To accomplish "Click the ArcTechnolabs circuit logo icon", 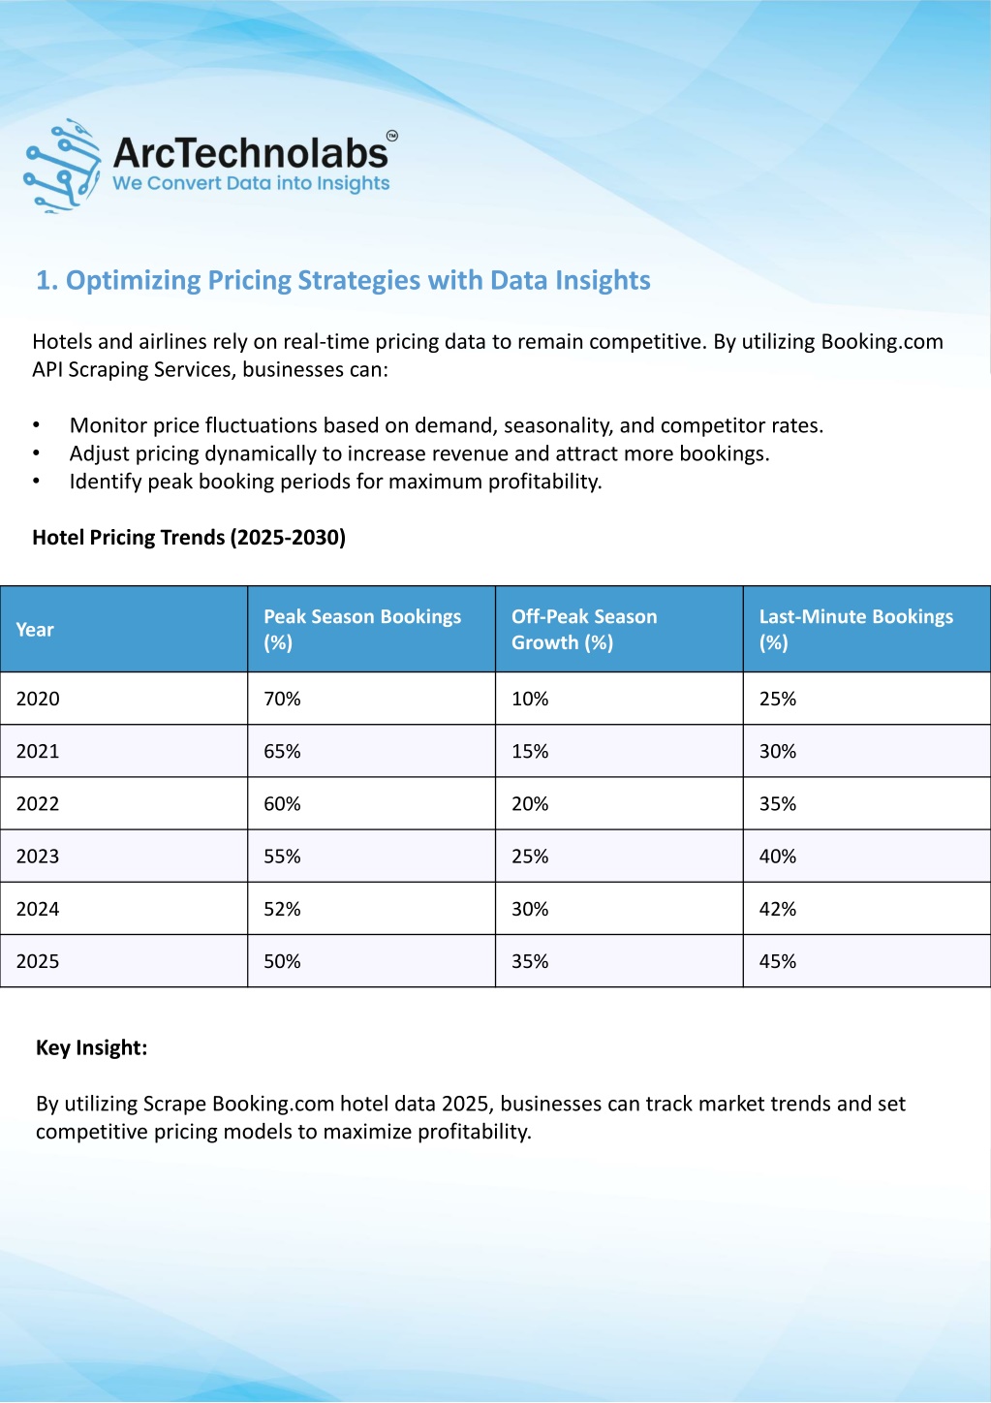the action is (x=62, y=166).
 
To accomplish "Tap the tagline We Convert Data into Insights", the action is (x=251, y=183).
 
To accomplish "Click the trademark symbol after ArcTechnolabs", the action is (x=392, y=136).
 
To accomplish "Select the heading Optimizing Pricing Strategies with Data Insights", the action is (x=343, y=280).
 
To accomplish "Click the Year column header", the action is (x=35, y=630).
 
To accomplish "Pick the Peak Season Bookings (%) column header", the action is (x=362, y=630).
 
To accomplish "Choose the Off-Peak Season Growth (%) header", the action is (x=584, y=630).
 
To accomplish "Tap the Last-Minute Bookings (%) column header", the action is (x=856, y=630).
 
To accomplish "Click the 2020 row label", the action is (x=38, y=699).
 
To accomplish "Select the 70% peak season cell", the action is (x=282, y=699).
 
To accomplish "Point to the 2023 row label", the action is (x=38, y=857).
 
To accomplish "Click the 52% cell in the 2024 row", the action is (x=282, y=909).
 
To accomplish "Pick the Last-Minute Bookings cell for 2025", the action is (x=778, y=961).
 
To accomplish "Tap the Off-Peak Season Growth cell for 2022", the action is (x=530, y=803).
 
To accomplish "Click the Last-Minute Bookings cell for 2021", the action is (x=778, y=751).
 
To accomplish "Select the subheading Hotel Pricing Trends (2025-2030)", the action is (x=189, y=538).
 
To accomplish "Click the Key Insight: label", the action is (x=91, y=1047).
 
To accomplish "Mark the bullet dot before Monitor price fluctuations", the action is (x=36, y=426).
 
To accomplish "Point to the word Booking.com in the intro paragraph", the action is (x=883, y=342).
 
